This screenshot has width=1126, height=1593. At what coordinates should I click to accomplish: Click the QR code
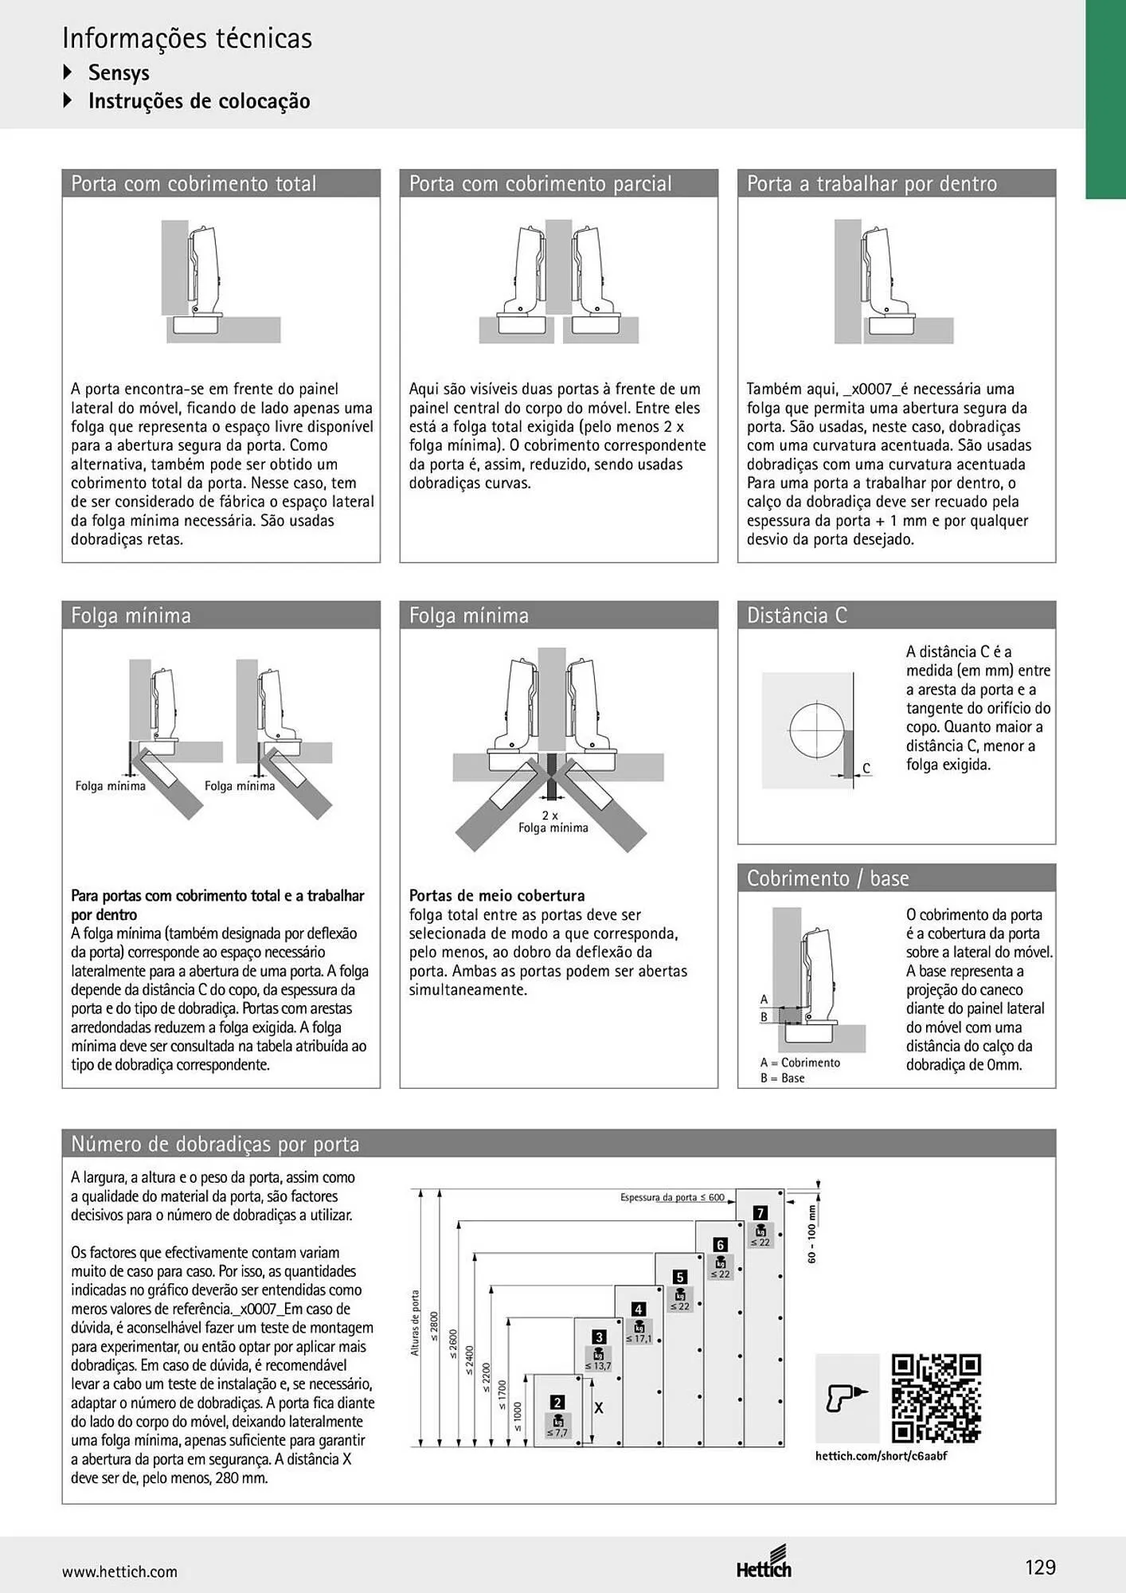click(936, 1398)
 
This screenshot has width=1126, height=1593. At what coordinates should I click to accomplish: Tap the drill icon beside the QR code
click(847, 1398)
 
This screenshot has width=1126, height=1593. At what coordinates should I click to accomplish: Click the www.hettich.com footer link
click(119, 1571)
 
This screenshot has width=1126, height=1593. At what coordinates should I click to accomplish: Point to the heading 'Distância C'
click(797, 616)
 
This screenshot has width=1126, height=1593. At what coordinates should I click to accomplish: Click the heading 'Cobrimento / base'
click(827, 879)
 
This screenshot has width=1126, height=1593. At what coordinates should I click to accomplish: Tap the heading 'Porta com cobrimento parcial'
click(541, 184)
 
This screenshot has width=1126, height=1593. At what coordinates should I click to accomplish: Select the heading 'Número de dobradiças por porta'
click(215, 1144)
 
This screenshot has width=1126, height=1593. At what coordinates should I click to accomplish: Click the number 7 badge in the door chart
click(760, 1213)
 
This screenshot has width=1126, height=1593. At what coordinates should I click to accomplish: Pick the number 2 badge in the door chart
click(557, 1403)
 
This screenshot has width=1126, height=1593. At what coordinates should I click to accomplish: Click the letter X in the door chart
click(599, 1408)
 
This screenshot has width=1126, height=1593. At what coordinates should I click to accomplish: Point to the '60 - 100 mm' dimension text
click(812, 1234)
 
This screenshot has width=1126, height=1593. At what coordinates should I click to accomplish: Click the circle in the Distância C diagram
click(817, 730)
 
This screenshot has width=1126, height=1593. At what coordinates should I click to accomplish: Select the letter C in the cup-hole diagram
click(866, 769)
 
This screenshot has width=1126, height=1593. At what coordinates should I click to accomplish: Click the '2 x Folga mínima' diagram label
click(553, 822)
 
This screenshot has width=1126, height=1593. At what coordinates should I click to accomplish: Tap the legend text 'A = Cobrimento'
click(800, 1063)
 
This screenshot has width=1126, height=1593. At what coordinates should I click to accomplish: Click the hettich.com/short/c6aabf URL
click(882, 1456)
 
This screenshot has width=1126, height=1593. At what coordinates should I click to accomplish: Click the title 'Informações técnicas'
click(187, 38)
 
